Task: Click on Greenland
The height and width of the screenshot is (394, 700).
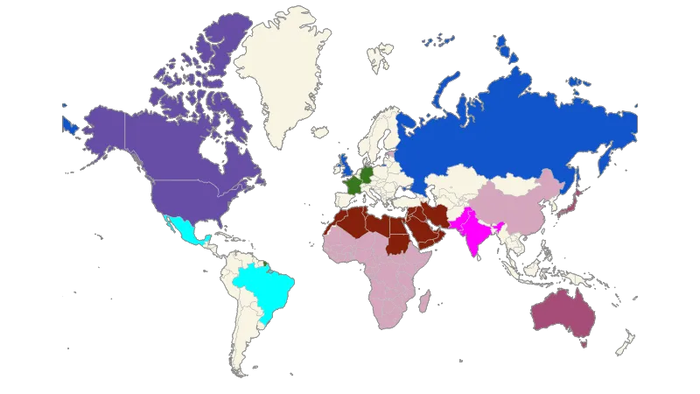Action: point(280,70)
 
